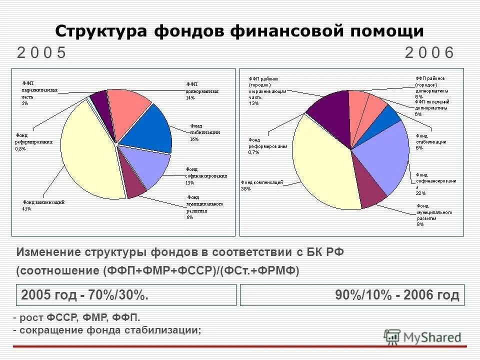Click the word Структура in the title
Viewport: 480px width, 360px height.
[100, 31]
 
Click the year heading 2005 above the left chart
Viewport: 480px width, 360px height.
[41, 52]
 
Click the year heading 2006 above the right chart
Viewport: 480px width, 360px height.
[429, 52]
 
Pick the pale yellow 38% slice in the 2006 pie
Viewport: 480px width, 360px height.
[320, 165]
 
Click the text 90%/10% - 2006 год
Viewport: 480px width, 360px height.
[397, 295]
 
